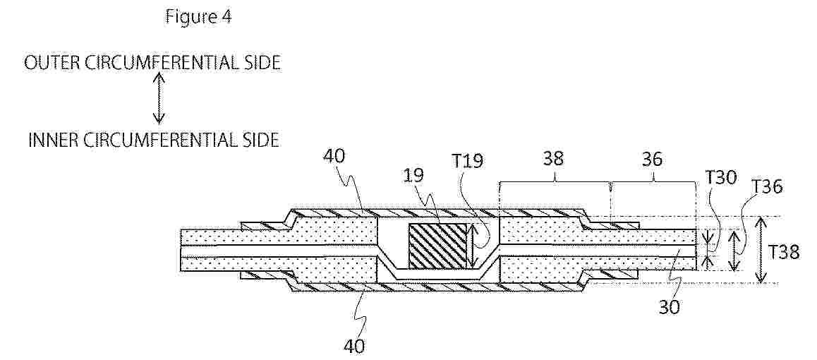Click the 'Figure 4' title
point(198,16)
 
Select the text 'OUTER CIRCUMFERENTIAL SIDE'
point(152,63)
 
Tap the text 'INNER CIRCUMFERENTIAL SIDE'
point(153,140)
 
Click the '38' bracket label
point(554,160)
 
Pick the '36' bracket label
point(653,160)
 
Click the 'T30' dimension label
point(722,179)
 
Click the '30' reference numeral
point(670,307)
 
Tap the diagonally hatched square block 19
point(437,246)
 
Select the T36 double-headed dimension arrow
point(734,251)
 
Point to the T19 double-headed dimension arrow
point(472,246)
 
